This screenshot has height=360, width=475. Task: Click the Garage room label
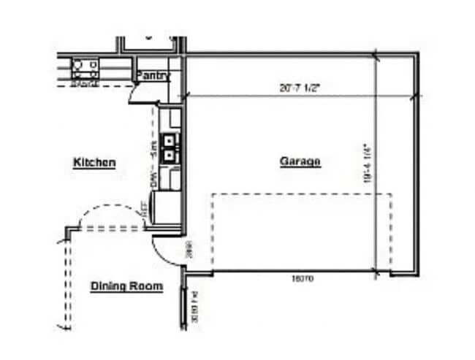(x=300, y=161)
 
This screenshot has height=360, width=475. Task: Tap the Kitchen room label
(x=94, y=162)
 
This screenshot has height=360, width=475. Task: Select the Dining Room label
(x=126, y=286)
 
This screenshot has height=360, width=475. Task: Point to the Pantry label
(x=153, y=75)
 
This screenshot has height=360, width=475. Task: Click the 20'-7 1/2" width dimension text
(x=300, y=87)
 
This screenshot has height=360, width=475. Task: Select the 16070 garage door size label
(x=302, y=278)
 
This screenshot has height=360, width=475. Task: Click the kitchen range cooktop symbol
(x=85, y=68)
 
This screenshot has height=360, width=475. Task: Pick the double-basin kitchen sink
(x=170, y=146)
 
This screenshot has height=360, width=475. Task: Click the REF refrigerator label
(x=145, y=210)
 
